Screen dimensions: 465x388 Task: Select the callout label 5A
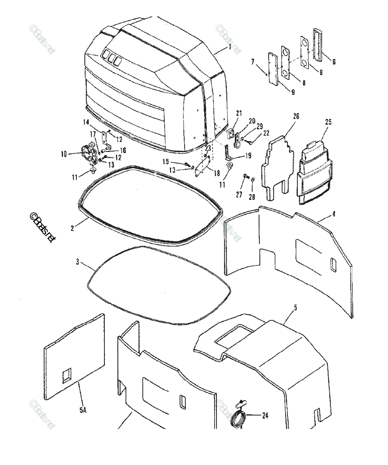point(83,410)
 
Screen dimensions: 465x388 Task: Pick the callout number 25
point(328,122)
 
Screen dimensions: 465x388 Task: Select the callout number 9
point(293,92)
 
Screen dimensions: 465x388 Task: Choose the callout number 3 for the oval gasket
point(77,262)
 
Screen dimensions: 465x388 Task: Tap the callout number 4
point(334,214)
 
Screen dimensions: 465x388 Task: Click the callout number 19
point(248,156)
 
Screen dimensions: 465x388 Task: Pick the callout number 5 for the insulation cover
point(295,308)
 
